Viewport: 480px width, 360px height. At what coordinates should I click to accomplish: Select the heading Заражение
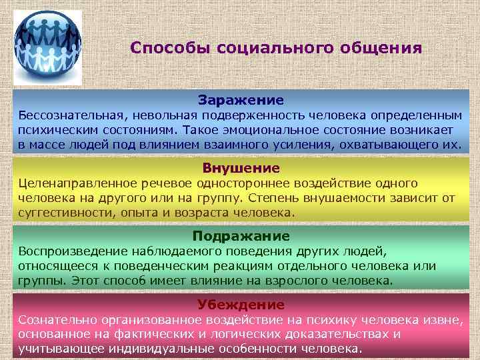pyautogui.click(x=241, y=100)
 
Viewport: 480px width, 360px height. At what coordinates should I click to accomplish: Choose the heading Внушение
pyautogui.click(x=241, y=168)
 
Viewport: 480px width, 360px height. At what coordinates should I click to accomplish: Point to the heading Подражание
pyautogui.click(x=241, y=236)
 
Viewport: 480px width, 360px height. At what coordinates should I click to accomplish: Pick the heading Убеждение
pyautogui.click(x=241, y=305)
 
